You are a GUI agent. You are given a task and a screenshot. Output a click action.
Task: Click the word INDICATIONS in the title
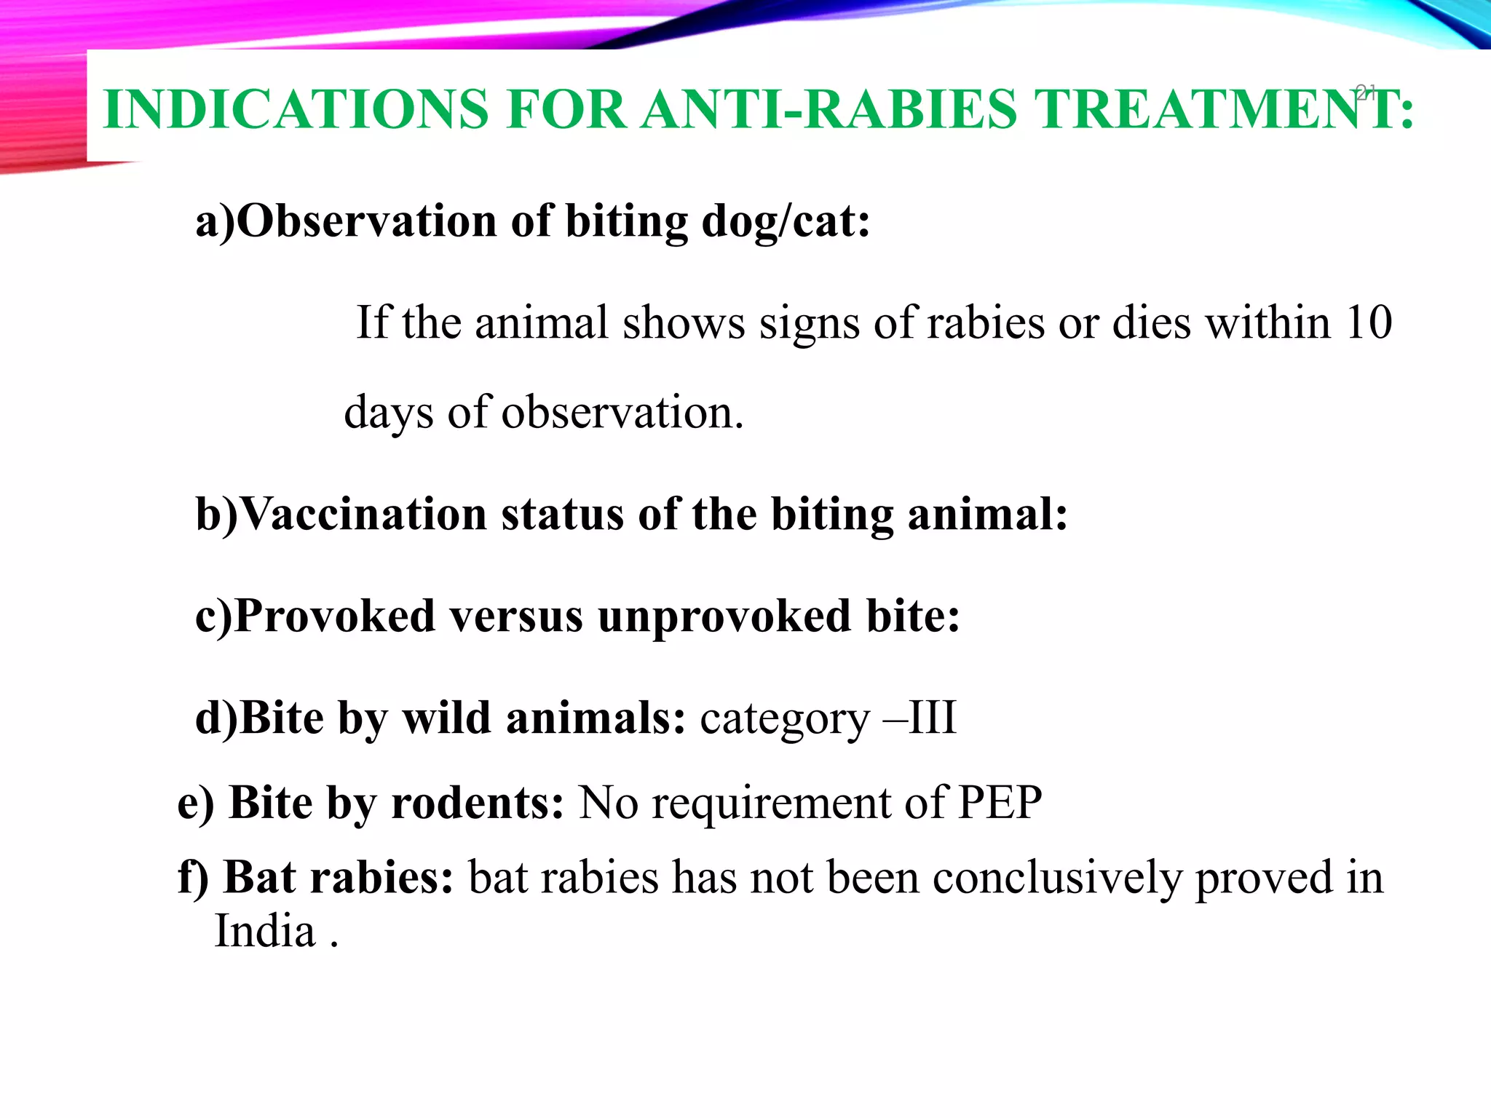(296, 109)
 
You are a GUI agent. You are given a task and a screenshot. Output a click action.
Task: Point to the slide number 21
(1366, 92)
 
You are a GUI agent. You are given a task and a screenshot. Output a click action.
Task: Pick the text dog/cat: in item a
(786, 221)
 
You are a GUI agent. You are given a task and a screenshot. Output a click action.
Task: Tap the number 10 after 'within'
(1369, 322)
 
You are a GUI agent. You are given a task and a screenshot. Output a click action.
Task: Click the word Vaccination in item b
(363, 514)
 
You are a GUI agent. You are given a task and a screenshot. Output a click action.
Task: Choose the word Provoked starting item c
(335, 616)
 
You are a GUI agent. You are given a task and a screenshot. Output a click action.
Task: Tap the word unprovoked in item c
(724, 617)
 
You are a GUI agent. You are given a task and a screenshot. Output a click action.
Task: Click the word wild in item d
(446, 718)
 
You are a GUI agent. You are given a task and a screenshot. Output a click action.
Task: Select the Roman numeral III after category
(933, 718)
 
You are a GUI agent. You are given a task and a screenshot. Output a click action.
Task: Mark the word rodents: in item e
(477, 803)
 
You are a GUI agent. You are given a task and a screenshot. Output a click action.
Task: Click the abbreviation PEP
(1000, 803)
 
